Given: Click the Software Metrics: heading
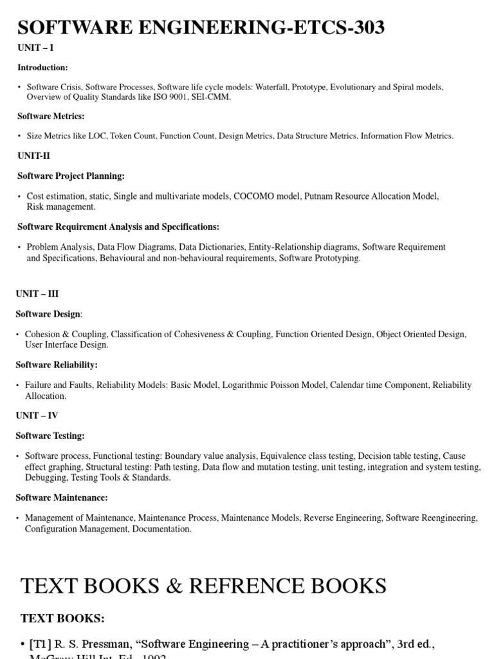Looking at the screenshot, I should tap(51, 116).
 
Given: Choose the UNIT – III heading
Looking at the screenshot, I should tap(37, 293).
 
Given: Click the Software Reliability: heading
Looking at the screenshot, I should tap(57, 365).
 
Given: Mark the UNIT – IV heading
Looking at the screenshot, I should tap(37, 416).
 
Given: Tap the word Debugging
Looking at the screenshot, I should tap(45, 478).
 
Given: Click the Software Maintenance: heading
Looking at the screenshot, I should tap(62, 497).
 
